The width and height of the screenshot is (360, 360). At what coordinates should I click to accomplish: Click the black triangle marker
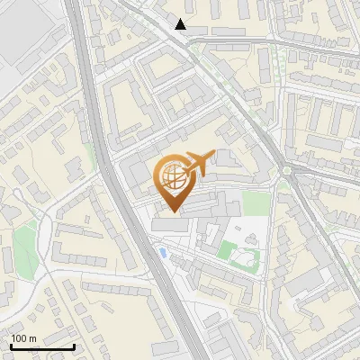pos(181,24)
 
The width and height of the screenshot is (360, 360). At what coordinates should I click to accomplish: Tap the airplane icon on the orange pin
pos(199,164)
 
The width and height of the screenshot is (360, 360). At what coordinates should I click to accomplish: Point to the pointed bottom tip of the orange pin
pos(172,212)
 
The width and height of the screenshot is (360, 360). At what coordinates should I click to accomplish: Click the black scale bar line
pos(42,346)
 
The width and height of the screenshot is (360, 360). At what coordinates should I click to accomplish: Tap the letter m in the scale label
pos(33,338)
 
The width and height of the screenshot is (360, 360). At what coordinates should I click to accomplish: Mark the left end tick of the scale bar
pos(11,345)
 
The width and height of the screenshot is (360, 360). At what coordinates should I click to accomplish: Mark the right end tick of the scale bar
pos(74,345)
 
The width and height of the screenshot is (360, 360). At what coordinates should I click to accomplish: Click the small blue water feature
pos(162,252)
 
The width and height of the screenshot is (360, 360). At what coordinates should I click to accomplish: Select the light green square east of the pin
pos(256,203)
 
